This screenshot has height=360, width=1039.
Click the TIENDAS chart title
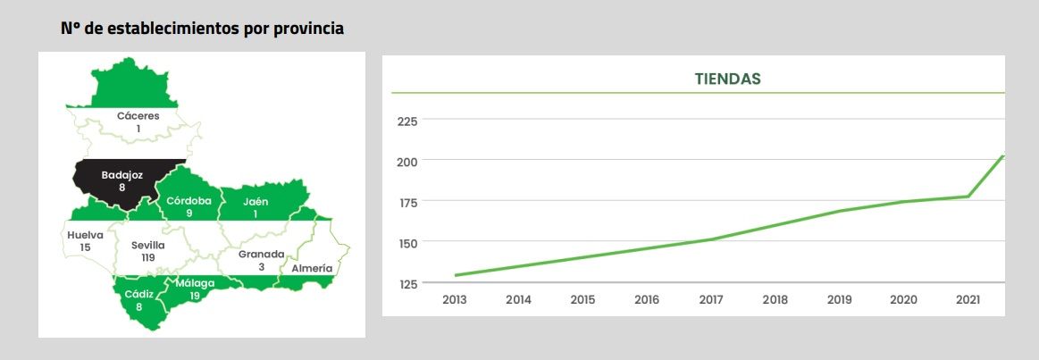(727, 79)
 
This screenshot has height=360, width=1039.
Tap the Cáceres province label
(138, 116)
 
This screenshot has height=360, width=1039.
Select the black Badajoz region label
(122, 175)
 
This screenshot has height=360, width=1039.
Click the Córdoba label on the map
(189, 201)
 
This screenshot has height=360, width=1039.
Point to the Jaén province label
(256, 201)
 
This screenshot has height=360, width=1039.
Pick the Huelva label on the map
(85, 235)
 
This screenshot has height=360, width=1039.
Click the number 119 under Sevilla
(148, 257)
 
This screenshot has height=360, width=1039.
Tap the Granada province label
(261, 254)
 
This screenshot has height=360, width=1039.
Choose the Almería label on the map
(311, 268)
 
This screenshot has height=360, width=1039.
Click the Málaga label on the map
(195, 284)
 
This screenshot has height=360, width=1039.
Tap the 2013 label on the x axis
(455, 299)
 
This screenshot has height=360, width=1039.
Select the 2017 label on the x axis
(710, 299)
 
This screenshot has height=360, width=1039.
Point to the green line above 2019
(840, 211)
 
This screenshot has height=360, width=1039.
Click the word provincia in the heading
(306, 29)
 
